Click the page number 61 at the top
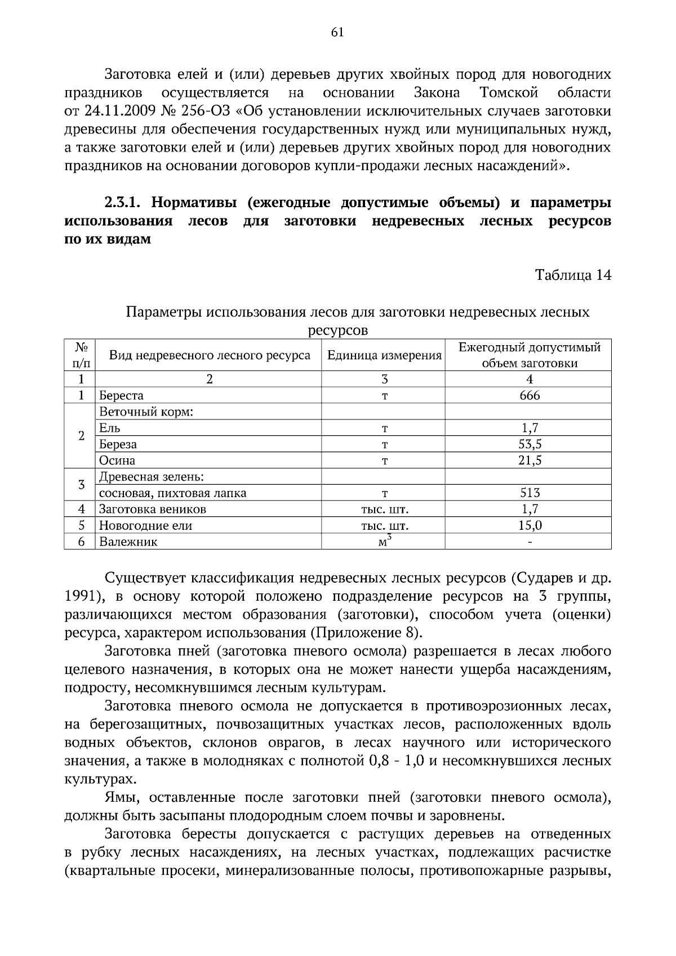pos(337,33)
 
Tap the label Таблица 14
pos(572,275)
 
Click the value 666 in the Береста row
pos(529,396)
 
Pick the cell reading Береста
pos(122,396)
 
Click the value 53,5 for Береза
pos(529,444)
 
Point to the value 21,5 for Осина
pos(529,461)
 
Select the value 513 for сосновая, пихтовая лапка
pos(529,493)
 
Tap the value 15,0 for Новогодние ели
pos(529,526)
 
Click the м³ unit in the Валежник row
pos(384,542)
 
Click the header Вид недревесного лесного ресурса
pos(209,355)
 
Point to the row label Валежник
pos(128,542)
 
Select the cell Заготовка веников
pos(153,510)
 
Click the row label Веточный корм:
pos(146,412)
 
